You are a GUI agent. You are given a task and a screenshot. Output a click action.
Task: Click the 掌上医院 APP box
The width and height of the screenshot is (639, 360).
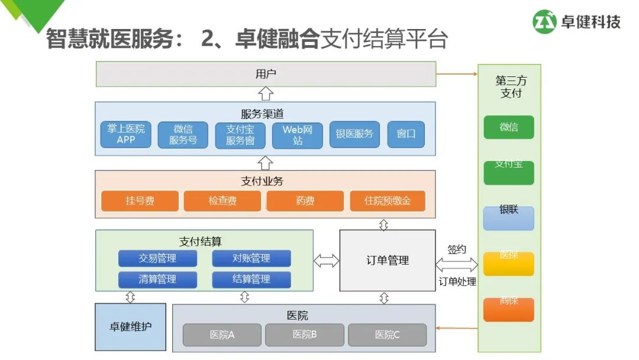[126, 134]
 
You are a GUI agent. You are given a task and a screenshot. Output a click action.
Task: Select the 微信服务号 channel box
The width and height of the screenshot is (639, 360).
[183, 134]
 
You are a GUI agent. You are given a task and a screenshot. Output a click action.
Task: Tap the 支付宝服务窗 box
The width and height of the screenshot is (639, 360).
[240, 134]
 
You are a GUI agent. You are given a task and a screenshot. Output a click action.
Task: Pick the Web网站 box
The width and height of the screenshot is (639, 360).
[297, 134]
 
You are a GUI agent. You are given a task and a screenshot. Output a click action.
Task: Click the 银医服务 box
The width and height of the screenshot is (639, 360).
[354, 134]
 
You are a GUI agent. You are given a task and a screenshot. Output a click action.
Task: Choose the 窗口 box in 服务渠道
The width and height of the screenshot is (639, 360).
[406, 134]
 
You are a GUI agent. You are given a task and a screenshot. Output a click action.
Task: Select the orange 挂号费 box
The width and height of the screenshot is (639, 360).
[140, 201]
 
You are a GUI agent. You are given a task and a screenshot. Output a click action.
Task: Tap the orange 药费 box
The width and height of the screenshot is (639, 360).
[305, 201]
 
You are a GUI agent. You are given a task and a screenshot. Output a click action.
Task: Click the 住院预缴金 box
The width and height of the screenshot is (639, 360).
[388, 201]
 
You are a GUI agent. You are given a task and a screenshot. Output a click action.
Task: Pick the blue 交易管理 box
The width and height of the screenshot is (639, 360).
[157, 258]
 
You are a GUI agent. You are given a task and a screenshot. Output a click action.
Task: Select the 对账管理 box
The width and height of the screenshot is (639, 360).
[251, 258]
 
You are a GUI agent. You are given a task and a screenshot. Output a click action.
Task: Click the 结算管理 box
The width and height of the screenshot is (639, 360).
[251, 279]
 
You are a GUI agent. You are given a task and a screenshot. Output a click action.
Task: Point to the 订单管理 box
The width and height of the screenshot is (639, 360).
[388, 261]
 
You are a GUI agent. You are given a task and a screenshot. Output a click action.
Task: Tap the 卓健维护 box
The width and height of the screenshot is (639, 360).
[131, 326]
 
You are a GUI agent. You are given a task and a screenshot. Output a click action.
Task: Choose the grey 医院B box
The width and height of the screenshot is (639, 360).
[305, 335]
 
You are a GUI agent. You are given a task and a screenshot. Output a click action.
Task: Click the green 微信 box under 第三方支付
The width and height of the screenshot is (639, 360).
[509, 127]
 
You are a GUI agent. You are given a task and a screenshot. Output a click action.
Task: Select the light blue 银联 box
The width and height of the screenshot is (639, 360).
[509, 218]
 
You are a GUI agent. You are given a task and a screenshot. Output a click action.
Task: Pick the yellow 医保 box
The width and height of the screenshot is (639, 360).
[509, 263]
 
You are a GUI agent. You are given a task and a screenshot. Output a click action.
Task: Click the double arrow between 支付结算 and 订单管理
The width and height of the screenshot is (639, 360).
[327, 261]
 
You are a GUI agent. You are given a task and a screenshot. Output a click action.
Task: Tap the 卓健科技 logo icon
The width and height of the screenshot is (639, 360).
[545, 22]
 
